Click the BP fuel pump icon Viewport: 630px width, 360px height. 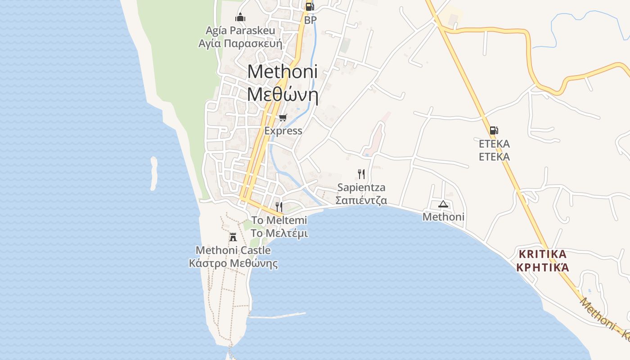pos(309,7)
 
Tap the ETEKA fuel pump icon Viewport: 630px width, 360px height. pos(494,130)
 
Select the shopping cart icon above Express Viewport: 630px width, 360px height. pos(283,118)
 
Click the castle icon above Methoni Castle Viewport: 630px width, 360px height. pos(233,237)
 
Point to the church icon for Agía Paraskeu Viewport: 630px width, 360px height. pos(240,18)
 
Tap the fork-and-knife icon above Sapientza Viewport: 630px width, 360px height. pos(361,174)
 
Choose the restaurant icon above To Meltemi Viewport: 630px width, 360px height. pos(279,207)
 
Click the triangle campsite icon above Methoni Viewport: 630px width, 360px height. pos(443,204)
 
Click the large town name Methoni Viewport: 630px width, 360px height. pos(282,72)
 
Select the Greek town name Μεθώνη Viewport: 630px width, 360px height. pos(283,95)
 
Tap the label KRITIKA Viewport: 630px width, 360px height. pos(543,254)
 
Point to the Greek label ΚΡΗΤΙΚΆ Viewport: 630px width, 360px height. pos(543,267)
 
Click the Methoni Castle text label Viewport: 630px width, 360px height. pos(233,250)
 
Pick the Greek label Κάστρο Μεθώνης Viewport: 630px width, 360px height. pos(233,263)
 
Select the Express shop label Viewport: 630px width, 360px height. pos(283,131)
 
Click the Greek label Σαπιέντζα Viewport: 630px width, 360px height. pos(361,200)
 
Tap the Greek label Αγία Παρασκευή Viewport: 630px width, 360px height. pos(240,44)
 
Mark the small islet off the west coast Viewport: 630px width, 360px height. pos(154,173)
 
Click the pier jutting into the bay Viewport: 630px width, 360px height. pos(277,315)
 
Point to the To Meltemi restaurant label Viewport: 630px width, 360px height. pos(279,220)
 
